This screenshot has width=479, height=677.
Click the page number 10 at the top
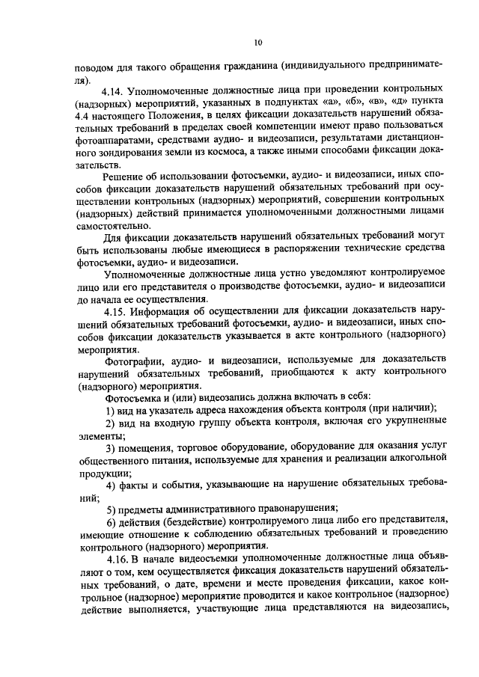point(257,42)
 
